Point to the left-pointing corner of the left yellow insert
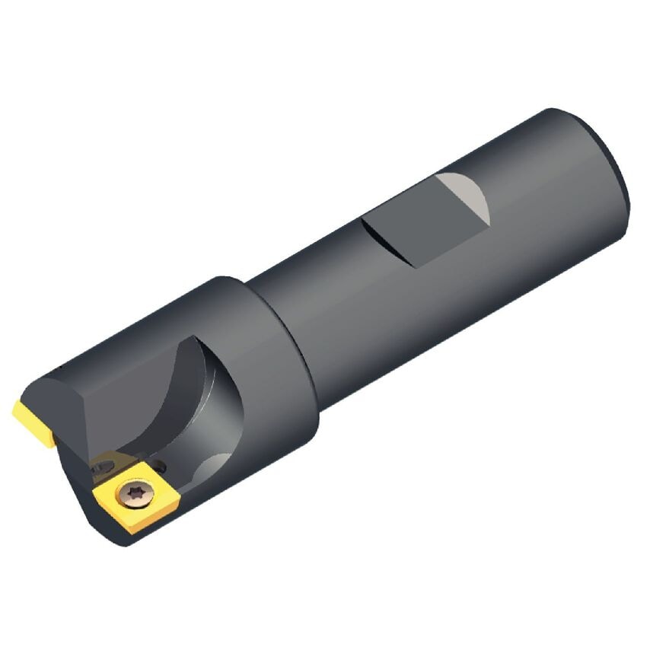coord(14,411)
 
